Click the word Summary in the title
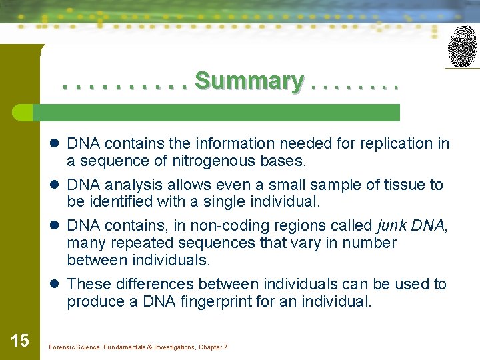click(249, 81)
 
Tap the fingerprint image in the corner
click(462, 47)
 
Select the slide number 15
click(20, 341)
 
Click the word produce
click(93, 301)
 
